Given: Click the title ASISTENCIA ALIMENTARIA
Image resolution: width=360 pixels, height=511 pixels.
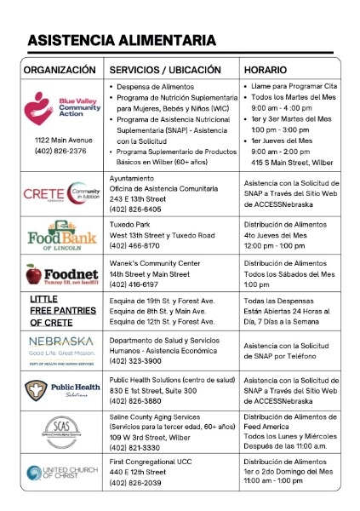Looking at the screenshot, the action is [121, 40].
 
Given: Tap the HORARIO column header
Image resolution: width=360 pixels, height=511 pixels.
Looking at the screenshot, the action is [265, 68].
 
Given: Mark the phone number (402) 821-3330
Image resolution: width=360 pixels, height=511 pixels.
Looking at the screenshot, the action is [136, 447].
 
